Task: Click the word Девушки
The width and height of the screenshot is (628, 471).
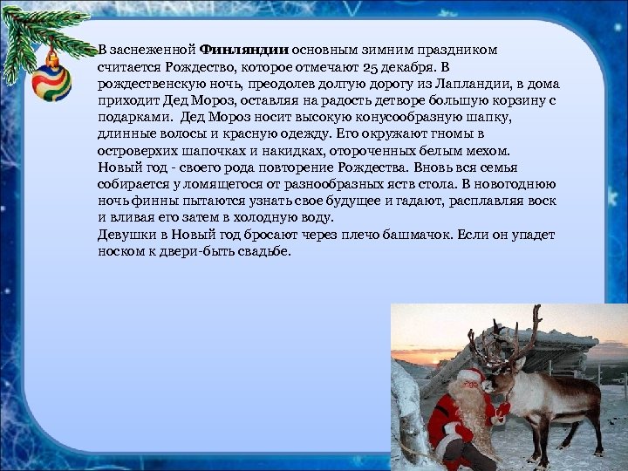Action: (x=126, y=235)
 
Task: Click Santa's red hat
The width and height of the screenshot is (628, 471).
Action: (x=471, y=376)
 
